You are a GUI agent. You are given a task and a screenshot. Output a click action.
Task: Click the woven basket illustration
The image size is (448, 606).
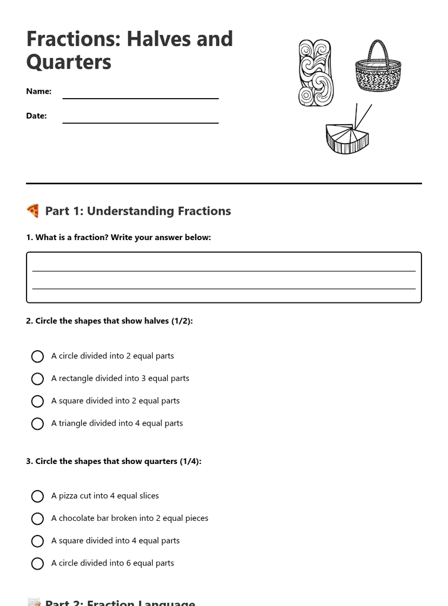pyautogui.click(x=378, y=76)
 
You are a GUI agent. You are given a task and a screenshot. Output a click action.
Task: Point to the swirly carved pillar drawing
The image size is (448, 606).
pyautogui.click(x=315, y=73)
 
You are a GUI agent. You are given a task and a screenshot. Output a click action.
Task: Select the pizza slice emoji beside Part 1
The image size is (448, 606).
pyautogui.click(x=33, y=211)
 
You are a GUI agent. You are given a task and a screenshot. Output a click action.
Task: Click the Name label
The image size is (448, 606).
pyautogui.click(x=39, y=92)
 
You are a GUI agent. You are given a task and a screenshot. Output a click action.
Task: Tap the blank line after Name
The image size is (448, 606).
pyautogui.click(x=141, y=98)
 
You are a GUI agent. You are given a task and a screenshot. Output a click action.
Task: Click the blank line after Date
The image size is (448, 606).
pyautogui.click(x=141, y=122)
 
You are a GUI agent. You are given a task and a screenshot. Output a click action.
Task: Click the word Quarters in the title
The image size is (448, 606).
pyautogui.click(x=69, y=62)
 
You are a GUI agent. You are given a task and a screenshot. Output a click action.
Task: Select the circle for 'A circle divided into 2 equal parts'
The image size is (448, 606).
pyautogui.click(x=37, y=357)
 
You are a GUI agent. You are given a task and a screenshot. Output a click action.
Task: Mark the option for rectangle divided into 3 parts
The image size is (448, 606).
pyautogui.click(x=37, y=379)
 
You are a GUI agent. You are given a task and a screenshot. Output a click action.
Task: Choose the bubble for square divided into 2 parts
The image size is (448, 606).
pyautogui.click(x=37, y=401)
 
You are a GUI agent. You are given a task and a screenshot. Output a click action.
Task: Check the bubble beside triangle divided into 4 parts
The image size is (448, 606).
pyautogui.click(x=37, y=424)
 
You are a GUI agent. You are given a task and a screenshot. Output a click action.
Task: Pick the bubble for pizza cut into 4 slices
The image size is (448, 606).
pyautogui.click(x=37, y=497)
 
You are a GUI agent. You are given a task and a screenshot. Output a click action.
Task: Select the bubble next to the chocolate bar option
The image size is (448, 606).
pyautogui.click(x=37, y=519)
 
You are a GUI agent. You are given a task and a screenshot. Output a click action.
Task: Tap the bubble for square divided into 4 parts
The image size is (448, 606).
pyautogui.click(x=37, y=541)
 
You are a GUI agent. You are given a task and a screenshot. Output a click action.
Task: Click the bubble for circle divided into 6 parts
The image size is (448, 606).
pyautogui.click(x=37, y=564)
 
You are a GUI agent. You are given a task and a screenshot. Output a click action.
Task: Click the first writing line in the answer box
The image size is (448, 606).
pyautogui.click(x=224, y=270)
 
